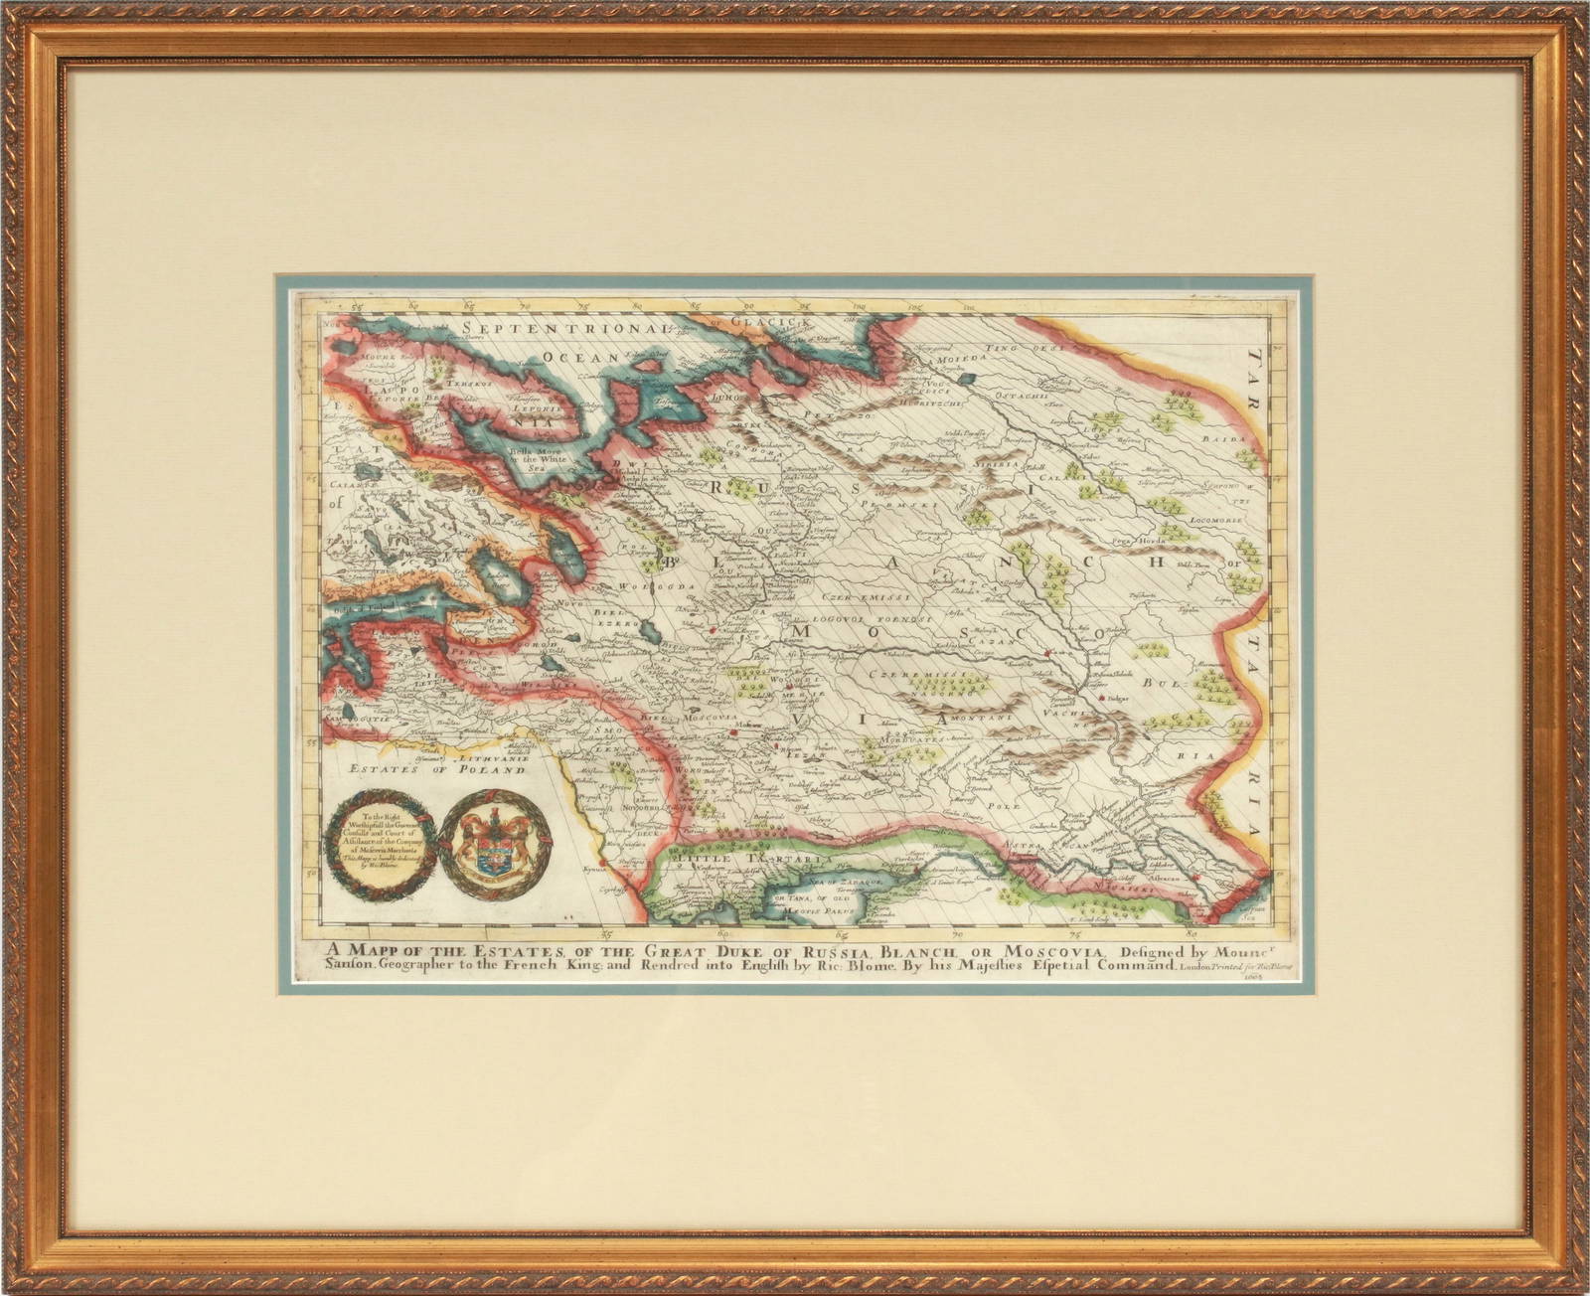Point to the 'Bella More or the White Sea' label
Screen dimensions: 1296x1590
(x=537, y=456)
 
